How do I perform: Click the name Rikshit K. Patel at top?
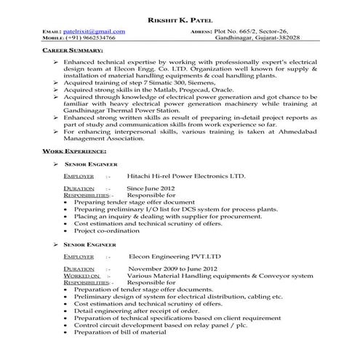pyautogui.click(x=179, y=18)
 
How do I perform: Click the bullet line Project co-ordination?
pyautogui.click(x=110, y=229)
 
